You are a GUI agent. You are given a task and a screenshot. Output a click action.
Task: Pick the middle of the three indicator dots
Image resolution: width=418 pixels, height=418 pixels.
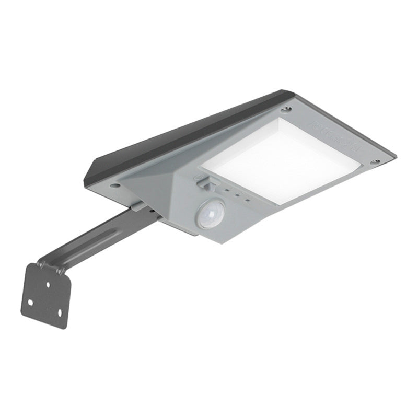237,195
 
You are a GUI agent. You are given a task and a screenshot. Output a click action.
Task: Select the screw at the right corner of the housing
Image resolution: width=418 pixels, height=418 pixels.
374,162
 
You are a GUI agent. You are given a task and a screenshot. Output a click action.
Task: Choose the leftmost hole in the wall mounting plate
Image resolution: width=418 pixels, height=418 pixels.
30,302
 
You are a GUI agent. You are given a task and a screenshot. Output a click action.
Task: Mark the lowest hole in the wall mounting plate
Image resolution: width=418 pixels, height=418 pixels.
59,312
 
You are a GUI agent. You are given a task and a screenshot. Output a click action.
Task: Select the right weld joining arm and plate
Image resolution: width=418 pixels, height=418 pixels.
61,271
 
